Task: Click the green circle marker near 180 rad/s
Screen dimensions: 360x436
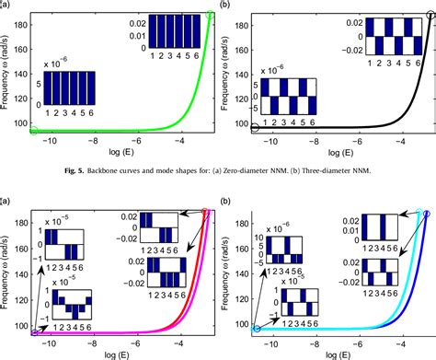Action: tap(211, 16)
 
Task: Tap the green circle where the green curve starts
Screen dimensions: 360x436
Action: tap(35, 131)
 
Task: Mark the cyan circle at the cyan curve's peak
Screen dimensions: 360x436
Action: tap(419, 213)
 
